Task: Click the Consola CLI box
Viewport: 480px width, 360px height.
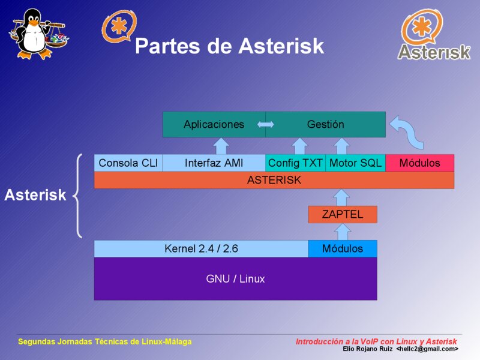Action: [128, 163]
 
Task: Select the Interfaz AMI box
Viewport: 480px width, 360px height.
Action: [214, 163]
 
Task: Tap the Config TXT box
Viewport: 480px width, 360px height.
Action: [295, 163]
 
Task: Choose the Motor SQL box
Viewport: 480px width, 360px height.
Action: [355, 163]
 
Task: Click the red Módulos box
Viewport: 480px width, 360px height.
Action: [419, 163]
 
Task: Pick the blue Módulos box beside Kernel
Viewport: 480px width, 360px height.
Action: [343, 248]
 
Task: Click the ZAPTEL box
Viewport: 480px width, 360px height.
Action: [343, 214]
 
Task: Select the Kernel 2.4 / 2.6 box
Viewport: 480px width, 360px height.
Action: [201, 248]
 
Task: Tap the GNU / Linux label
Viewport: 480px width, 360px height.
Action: [235, 278]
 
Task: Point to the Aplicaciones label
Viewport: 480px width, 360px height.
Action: [214, 124]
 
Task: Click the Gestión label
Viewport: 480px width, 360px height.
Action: [325, 124]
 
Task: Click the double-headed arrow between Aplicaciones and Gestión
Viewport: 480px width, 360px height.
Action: [265, 124]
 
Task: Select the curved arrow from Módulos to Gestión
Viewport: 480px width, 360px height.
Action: [407, 132]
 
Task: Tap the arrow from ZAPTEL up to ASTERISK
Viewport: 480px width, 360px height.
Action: [341, 197]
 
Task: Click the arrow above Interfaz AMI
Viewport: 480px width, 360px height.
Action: [221, 146]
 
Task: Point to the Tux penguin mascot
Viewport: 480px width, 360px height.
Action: [38, 34]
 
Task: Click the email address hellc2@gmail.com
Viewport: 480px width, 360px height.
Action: [427, 349]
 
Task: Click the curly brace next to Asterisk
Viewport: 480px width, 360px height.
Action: [77, 196]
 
